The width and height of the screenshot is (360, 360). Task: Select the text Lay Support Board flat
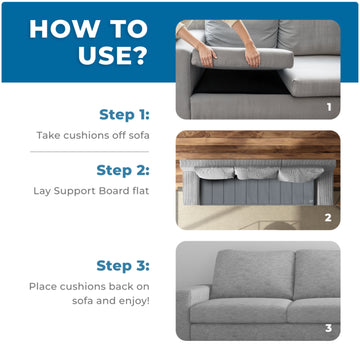[98, 191]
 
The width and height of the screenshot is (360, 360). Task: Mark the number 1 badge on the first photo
[327, 105]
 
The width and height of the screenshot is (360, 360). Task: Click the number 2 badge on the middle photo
[327, 217]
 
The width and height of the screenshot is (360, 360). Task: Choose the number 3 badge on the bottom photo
[327, 326]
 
